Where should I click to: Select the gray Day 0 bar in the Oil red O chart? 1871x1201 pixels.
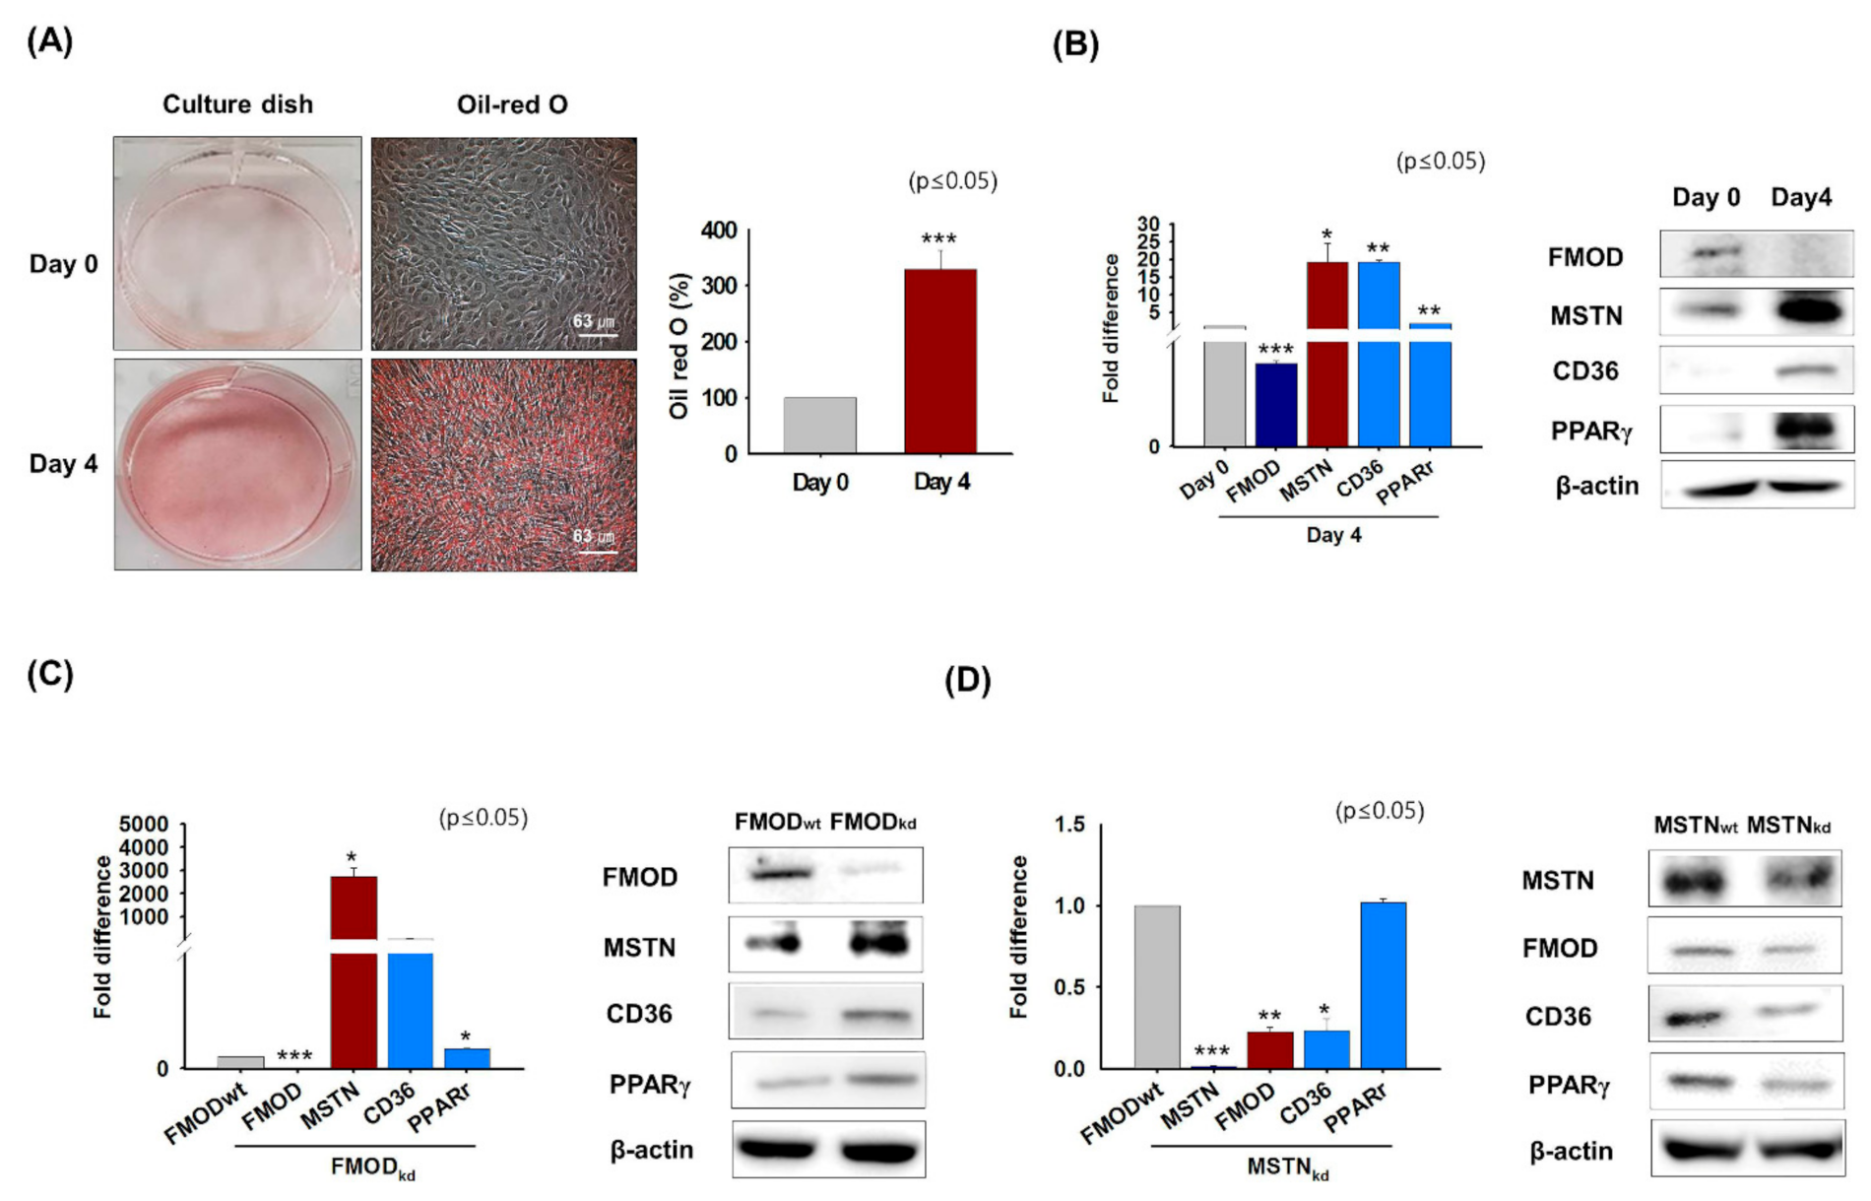[819, 426]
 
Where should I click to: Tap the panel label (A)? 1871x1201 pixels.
[49, 41]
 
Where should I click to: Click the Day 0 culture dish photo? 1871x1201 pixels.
[237, 243]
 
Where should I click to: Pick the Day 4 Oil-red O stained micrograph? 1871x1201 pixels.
[503, 465]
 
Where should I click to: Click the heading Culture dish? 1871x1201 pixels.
[237, 104]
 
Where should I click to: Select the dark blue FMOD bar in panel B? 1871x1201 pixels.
[1275, 405]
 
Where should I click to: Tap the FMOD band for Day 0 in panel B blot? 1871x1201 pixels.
[1715, 254]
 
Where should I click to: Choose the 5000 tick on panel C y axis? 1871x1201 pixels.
[143, 824]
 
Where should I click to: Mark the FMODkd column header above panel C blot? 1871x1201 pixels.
[872, 823]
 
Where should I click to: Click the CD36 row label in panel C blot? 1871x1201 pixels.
[639, 1014]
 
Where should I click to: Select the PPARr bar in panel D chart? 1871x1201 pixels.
[1383, 985]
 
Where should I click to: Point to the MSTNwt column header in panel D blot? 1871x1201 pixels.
[1695, 826]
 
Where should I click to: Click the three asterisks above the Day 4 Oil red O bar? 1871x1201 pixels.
[938, 239]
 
